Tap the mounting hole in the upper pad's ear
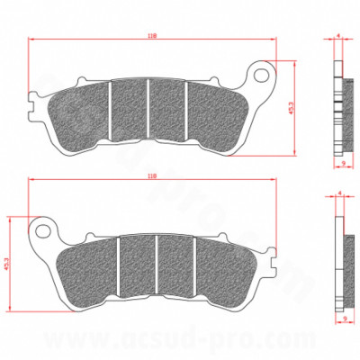264,72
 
